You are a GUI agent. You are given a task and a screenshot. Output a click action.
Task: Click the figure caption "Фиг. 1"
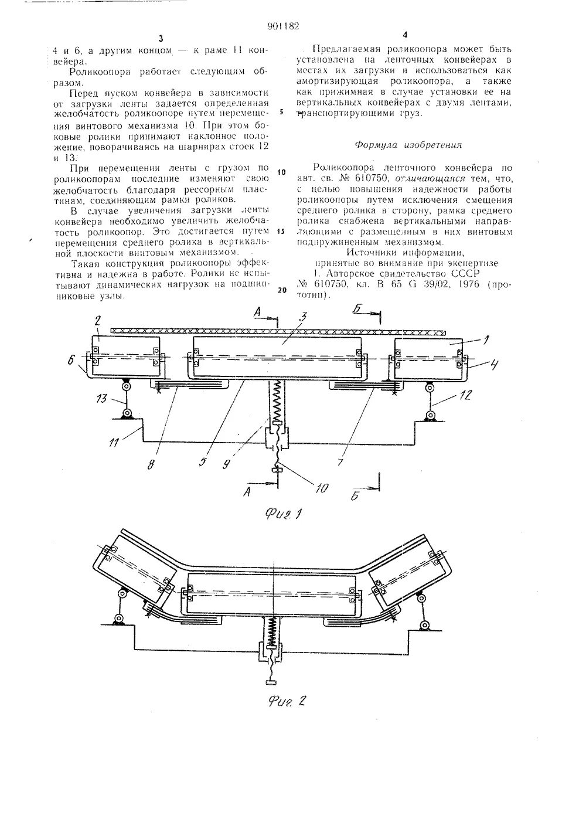(x=282, y=515)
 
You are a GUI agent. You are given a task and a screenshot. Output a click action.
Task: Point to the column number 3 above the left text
(x=159, y=38)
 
